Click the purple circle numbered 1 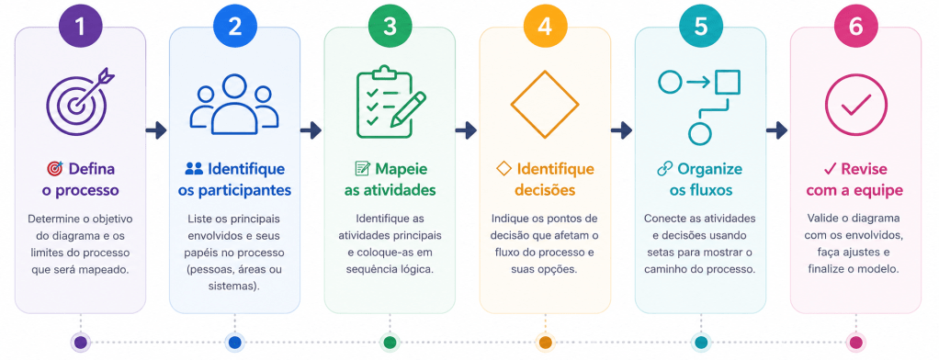pos(80,27)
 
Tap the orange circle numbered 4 pos(545,27)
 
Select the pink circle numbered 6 pos(855,27)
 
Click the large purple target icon pos(78,102)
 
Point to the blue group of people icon pos(234,104)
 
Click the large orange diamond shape pos(545,104)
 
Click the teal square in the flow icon pos(728,83)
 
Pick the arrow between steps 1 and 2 pos(156,130)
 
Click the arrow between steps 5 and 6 pos(777,130)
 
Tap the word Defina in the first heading pos(91,169)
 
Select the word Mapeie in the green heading pos(402,169)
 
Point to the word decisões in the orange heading pos(545,191)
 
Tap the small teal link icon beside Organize pos(664,170)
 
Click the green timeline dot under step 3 pos(390,343)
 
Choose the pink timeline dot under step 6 pos(855,343)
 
